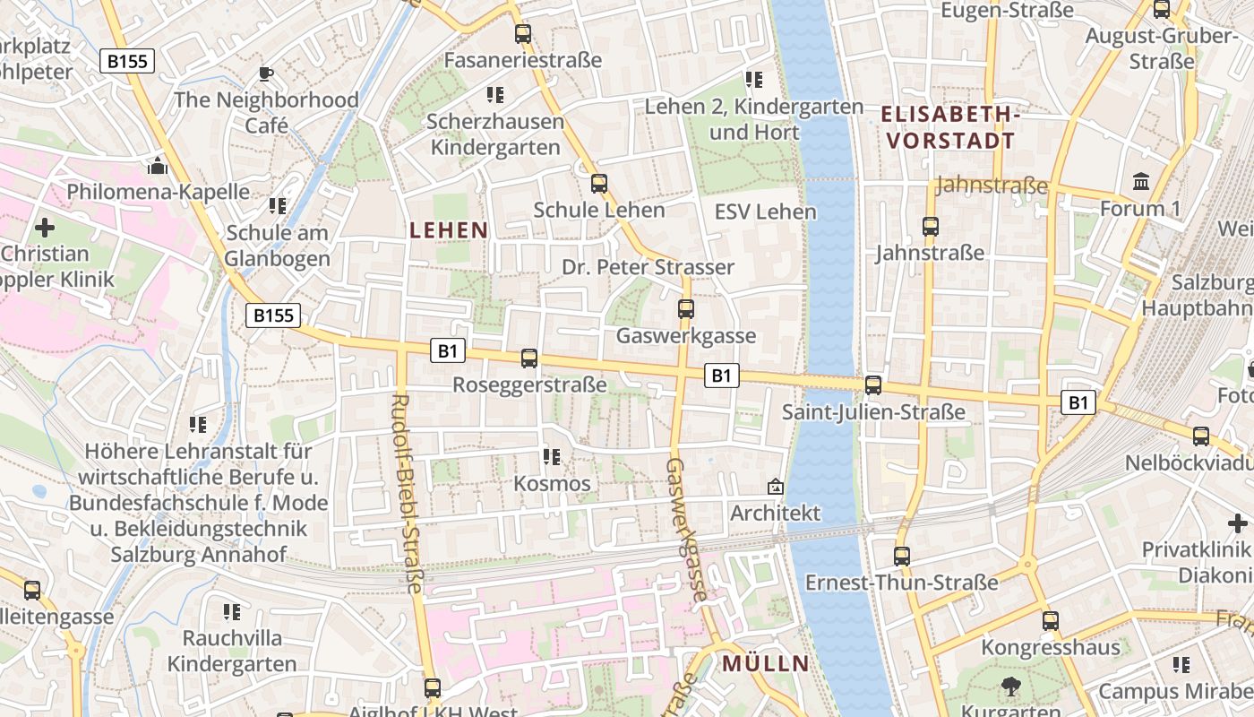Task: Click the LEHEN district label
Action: tap(449, 230)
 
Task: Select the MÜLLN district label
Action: tap(765, 664)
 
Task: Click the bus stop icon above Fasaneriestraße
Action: tap(523, 34)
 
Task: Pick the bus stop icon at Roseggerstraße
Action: tap(529, 358)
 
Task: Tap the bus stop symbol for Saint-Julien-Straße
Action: tap(873, 385)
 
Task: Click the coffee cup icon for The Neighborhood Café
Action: tap(265, 73)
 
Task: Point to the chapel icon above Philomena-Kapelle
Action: tap(158, 166)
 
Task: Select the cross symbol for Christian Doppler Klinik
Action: tap(45, 228)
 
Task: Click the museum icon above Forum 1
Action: tap(1141, 182)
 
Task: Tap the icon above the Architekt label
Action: tap(775, 487)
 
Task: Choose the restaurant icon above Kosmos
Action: tap(552, 457)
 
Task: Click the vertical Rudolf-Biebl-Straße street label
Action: tap(407, 493)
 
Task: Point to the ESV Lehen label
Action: tap(766, 212)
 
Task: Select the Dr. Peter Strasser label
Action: tap(648, 267)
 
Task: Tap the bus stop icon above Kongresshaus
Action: tap(1051, 620)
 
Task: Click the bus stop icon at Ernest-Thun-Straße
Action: tap(902, 556)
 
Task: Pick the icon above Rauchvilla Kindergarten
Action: tap(232, 612)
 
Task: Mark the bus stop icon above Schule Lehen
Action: tap(599, 184)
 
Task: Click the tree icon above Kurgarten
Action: tap(1011, 687)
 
